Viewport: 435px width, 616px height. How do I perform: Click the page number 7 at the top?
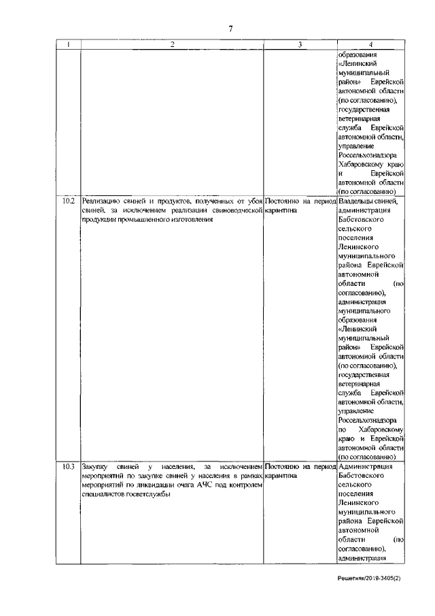click(230, 29)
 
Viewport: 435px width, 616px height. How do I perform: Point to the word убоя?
click(251, 201)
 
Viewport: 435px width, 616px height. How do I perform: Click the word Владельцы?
click(358, 201)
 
